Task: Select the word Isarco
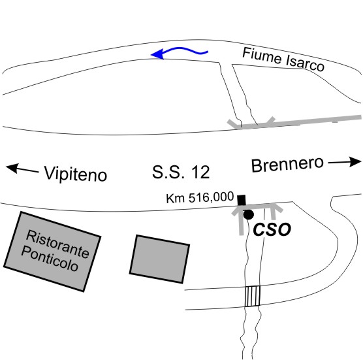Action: tap(305, 64)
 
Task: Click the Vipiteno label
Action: tap(76, 174)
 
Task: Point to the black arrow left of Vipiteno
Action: tap(22, 169)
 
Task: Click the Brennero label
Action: tap(287, 164)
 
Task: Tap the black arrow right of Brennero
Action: tap(345, 162)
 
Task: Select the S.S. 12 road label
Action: tap(181, 172)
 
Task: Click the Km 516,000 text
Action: tap(200, 197)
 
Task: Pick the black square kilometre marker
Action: tap(242, 200)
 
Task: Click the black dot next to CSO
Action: tap(249, 214)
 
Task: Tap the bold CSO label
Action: tap(272, 229)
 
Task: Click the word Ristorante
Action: tap(57, 244)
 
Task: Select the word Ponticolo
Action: tap(50, 259)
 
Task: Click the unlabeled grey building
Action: tap(160, 259)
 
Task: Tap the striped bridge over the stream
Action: tap(253, 296)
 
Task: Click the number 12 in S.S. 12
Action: tap(200, 172)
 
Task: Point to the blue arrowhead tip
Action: tap(151, 55)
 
